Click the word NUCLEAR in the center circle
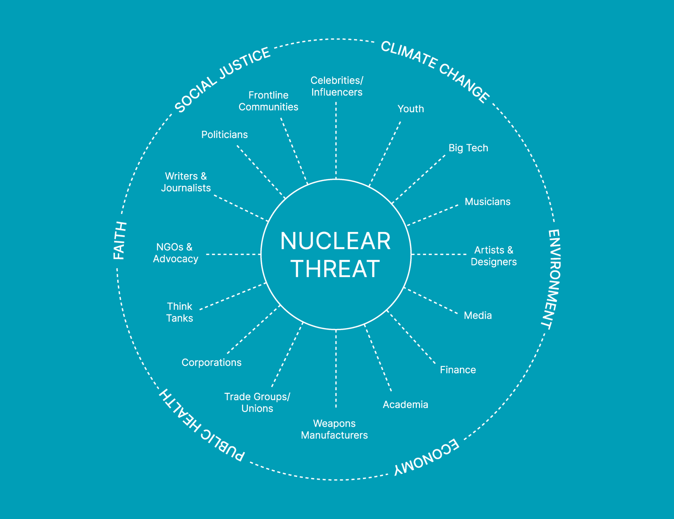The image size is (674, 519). [335, 241]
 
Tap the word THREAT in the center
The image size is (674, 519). [335, 269]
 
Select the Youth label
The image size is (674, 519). [411, 109]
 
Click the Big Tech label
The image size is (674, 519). [468, 148]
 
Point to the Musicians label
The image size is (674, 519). [487, 202]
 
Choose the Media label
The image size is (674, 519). [478, 316]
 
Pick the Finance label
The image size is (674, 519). [458, 370]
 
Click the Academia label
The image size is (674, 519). [405, 405]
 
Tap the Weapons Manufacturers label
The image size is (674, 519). [334, 429]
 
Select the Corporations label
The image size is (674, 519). [212, 363]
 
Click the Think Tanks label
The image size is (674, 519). [179, 312]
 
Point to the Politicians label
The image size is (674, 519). [224, 135]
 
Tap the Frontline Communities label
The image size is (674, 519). [269, 101]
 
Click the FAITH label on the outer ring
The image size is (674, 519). [120, 240]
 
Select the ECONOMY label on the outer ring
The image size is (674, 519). [427, 458]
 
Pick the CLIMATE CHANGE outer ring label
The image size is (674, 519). [436, 71]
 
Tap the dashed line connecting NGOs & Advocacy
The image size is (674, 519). [233, 254]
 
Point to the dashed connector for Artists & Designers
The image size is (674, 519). [439, 254]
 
